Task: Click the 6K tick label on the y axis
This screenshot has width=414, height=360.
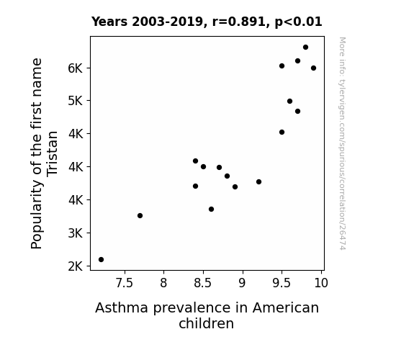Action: click(76, 68)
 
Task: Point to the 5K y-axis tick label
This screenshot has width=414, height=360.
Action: click(76, 101)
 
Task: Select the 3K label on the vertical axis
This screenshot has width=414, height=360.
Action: click(76, 233)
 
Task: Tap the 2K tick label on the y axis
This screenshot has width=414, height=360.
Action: click(76, 266)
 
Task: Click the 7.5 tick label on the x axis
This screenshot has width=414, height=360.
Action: click(125, 283)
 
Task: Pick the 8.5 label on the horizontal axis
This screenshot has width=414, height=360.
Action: click(203, 283)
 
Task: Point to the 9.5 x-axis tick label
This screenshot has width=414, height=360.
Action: click(282, 283)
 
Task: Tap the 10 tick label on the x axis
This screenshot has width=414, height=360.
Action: click(321, 283)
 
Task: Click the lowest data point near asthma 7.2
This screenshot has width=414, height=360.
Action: click(101, 260)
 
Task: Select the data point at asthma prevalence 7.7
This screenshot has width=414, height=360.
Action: click(140, 215)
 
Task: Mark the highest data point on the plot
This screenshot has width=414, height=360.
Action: click(305, 48)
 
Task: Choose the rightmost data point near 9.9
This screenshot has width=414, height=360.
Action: click(313, 68)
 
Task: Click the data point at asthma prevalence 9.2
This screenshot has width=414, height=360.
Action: click(258, 181)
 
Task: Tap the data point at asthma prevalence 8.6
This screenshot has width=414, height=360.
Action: click(211, 210)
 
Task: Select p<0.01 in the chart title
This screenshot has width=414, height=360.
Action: click(298, 22)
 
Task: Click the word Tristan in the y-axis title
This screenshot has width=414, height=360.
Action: click(52, 153)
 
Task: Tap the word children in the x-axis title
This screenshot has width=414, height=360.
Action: click(206, 323)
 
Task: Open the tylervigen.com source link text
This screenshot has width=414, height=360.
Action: click(343, 143)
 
